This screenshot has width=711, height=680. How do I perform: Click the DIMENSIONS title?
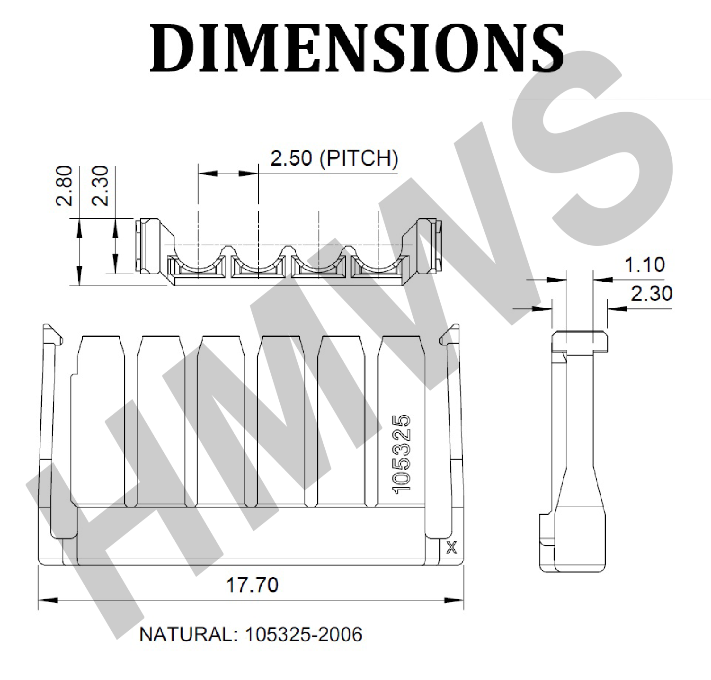(356, 48)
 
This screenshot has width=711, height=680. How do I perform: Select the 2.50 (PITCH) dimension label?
(334, 159)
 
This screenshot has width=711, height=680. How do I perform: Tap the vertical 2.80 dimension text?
(64, 185)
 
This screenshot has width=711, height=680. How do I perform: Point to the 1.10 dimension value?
(645, 265)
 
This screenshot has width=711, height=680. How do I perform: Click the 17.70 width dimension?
(252, 585)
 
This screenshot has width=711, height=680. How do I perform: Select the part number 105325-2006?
(303, 634)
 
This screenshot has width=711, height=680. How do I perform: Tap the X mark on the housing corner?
(452, 548)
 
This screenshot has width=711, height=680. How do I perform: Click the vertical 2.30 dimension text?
(100, 185)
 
